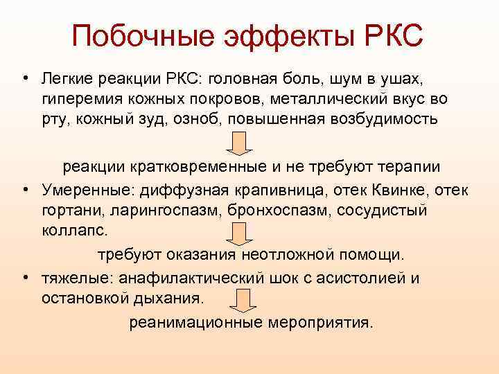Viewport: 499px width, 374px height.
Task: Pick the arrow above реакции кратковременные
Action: coord(239,143)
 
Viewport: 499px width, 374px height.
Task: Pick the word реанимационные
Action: coord(196,323)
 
